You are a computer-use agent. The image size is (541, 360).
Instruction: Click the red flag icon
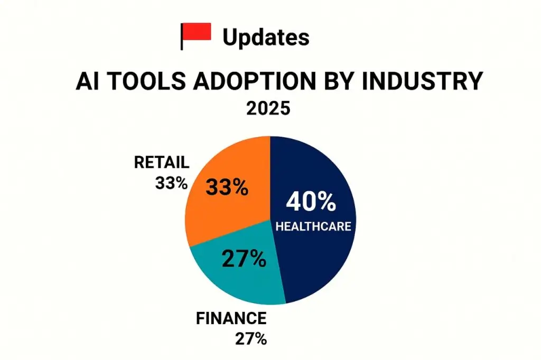coord(197,33)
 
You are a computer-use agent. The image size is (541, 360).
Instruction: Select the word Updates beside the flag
coord(266,37)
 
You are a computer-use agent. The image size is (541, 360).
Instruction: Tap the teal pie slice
coord(232,274)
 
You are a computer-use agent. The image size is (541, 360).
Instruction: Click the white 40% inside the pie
coord(311,202)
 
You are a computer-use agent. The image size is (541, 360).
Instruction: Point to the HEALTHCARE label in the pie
coord(313,226)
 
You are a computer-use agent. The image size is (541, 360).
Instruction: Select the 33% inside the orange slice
coord(227,187)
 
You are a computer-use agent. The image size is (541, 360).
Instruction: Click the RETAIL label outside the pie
coord(162,163)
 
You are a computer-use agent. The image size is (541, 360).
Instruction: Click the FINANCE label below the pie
coord(231,319)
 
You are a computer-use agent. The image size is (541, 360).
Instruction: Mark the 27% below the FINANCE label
coord(250,338)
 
